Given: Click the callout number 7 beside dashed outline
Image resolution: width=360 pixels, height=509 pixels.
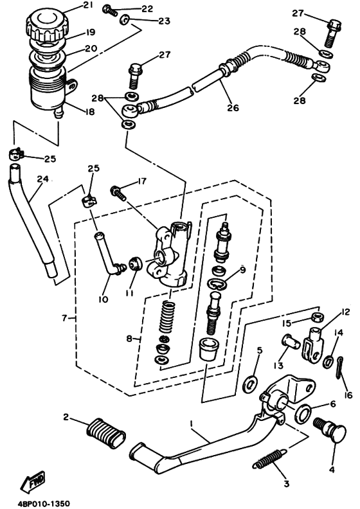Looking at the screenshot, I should tap(64, 318).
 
